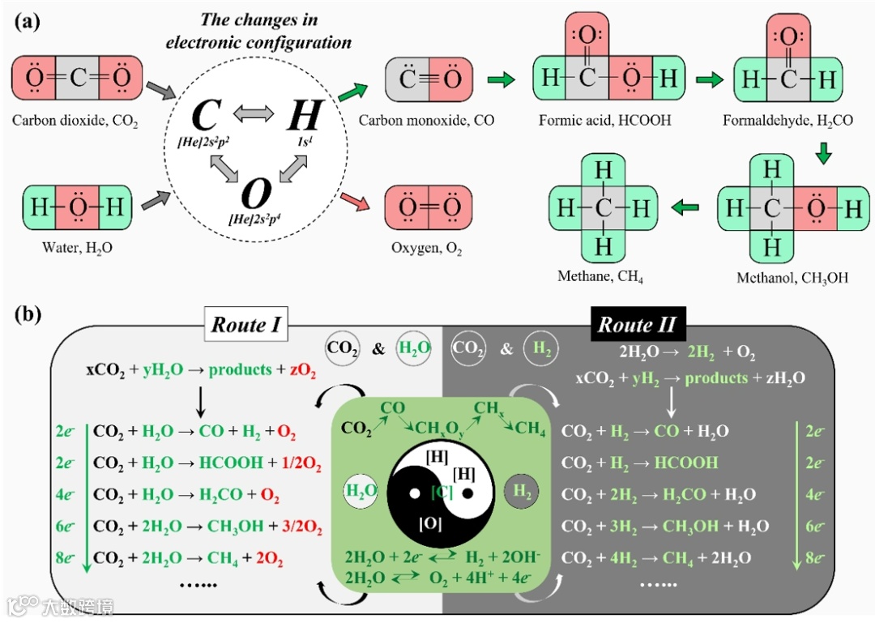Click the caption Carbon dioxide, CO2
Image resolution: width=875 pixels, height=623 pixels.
click(x=75, y=122)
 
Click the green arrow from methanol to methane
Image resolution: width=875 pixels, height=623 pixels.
click(x=685, y=209)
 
